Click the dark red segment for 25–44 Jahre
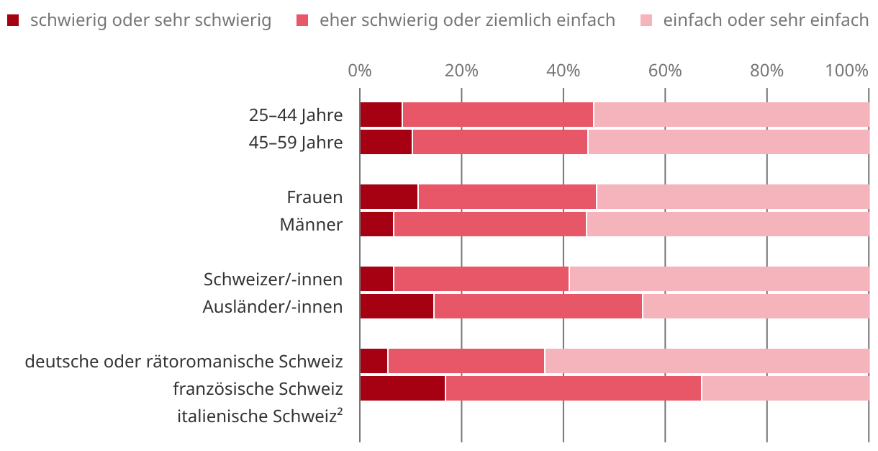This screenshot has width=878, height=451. point(381,115)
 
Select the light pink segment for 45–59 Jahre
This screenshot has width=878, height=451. point(728,142)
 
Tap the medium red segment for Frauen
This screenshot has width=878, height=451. point(507,197)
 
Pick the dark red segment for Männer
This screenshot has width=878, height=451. point(376,224)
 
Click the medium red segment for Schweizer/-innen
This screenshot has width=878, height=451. point(481,279)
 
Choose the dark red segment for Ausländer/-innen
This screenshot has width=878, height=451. point(397,306)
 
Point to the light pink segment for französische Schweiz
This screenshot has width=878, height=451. point(785,388)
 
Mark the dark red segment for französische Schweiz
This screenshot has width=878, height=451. point(402,388)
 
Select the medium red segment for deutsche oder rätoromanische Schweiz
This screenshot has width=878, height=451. point(466,361)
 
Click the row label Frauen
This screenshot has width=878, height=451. point(314,197)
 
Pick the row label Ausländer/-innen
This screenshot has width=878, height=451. point(273,306)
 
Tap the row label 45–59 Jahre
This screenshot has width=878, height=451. point(296,142)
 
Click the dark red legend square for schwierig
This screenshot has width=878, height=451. point(12,20)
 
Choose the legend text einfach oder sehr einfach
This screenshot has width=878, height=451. point(766,20)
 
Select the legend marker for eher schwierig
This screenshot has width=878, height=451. point(302,20)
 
